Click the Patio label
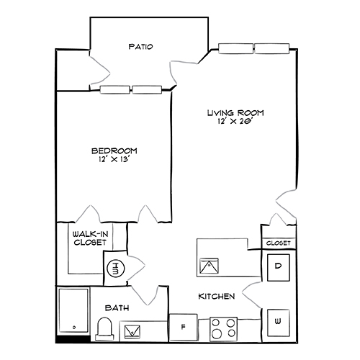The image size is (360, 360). (x=140, y=47)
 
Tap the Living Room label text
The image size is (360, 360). (x=236, y=113)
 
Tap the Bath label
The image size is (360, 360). (x=117, y=308)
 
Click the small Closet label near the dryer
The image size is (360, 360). (x=278, y=243)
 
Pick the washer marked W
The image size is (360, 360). (x=278, y=322)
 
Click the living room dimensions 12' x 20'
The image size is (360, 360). (x=236, y=123)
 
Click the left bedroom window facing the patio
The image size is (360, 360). (x=114, y=91)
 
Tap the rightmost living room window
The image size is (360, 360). (x=273, y=49)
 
